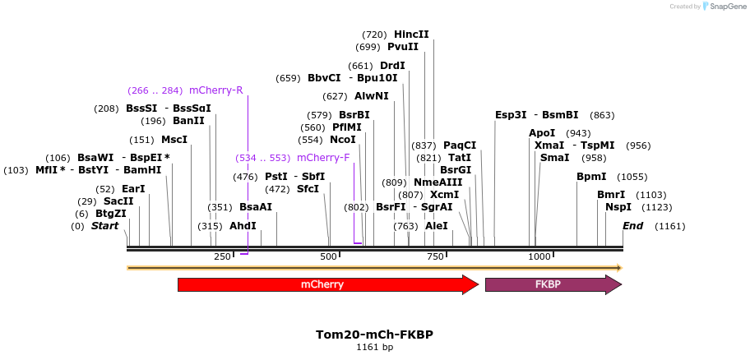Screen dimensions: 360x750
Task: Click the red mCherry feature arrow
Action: click(x=327, y=284)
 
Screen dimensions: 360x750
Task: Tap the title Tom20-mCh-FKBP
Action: click(x=374, y=335)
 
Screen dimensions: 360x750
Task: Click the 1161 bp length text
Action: click(x=374, y=347)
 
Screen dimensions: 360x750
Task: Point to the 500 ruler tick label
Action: click(x=329, y=256)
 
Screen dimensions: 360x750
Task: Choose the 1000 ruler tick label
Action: click(x=539, y=256)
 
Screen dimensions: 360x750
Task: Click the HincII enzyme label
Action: click(x=411, y=35)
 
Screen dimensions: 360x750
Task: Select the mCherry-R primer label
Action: click(x=215, y=90)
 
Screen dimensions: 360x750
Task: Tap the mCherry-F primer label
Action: click(x=323, y=157)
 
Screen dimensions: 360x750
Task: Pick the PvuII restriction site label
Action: click(x=403, y=47)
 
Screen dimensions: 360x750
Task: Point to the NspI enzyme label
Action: click(x=618, y=207)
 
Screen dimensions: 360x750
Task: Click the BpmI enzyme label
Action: click(x=591, y=177)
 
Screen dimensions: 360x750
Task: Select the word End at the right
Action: click(x=633, y=226)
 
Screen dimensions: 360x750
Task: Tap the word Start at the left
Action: click(x=104, y=226)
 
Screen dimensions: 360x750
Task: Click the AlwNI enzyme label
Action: click(x=372, y=96)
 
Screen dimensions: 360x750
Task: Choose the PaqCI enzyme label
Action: click(x=460, y=145)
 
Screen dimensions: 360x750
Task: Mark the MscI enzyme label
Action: click(x=174, y=140)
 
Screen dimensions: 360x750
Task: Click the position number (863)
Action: click(x=602, y=115)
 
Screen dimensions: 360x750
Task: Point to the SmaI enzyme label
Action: click(x=555, y=158)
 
